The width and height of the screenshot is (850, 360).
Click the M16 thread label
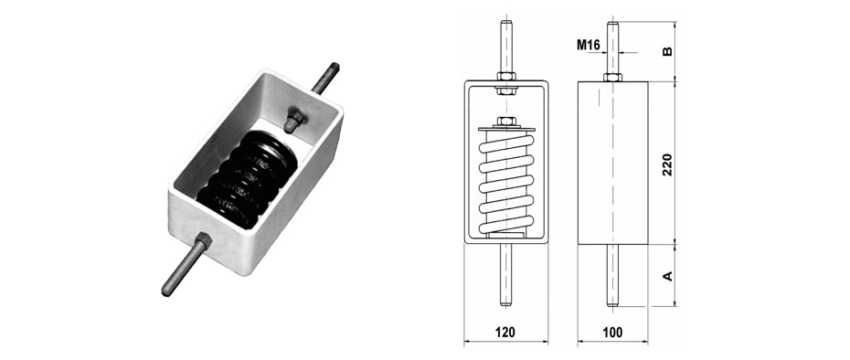click(x=588, y=46)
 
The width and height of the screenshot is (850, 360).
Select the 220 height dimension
click(x=667, y=164)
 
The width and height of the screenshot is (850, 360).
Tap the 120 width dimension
click(x=505, y=333)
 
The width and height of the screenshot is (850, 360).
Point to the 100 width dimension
click(x=612, y=333)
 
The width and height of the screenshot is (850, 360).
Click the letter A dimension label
click(x=668, y=275)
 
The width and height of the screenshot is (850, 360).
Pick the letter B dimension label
click(x=668, y=51)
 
